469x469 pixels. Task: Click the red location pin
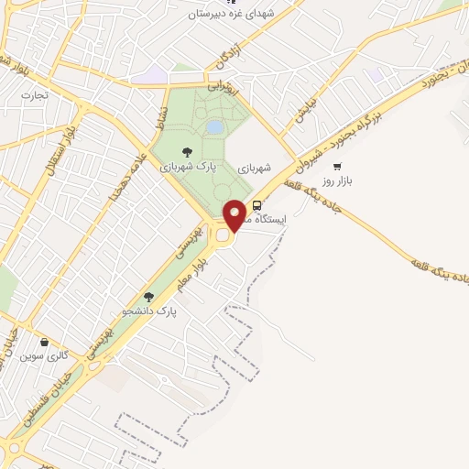pos(235,214)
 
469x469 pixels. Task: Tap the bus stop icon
pos(256,206)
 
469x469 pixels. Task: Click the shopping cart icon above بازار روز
pos(337,167)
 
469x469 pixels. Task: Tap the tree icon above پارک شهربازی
pos(187,152)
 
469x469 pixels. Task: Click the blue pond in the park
pos(214,126)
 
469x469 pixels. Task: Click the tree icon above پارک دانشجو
pos(149,297)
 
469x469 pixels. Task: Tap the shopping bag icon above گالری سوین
pos(43,342)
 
